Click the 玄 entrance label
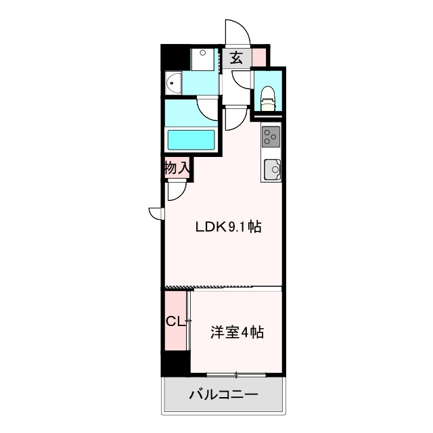tap(235, 58)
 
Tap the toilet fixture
tap(268, 99)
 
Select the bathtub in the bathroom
tap(191, 140)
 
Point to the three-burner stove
tap(271, 137)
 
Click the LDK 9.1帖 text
tap(228, 227)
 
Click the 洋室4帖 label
tap(236, 332)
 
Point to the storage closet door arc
tap(177, 191)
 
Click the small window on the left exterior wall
tap(156, 214)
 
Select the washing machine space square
tap(202, 60)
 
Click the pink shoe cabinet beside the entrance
tap(259, 57)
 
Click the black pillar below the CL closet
tap(175, 363)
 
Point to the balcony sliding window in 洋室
tap(236, 375)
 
